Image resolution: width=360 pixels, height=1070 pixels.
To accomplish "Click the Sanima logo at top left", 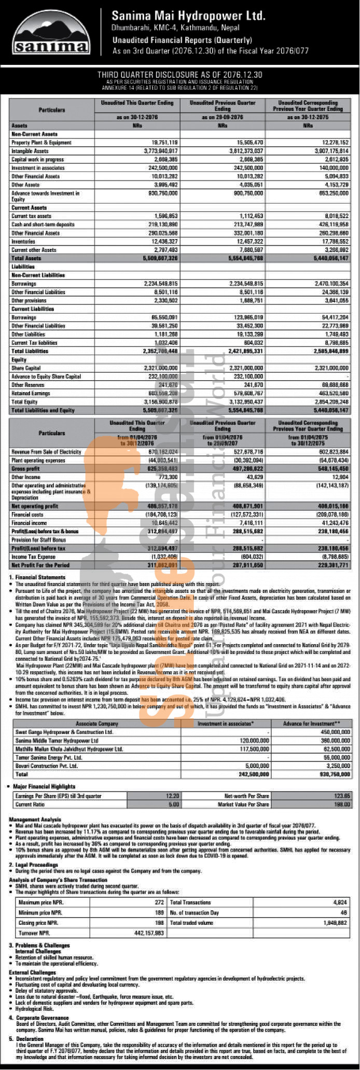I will coord(51,33).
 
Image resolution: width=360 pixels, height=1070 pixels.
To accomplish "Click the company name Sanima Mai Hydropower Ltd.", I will coord(188,16).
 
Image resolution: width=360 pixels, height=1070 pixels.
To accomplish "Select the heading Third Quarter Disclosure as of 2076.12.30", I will coord(180,75).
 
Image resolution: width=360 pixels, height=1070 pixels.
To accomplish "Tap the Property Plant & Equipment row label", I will coord(41,143).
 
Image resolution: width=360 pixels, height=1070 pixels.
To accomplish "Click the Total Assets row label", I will coord(26,258).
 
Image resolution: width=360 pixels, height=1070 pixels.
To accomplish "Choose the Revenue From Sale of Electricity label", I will coord(47,452).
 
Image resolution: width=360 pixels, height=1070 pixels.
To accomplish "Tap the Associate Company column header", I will coord(97,724).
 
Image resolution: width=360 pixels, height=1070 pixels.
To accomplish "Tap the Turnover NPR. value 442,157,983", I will coord(149,933).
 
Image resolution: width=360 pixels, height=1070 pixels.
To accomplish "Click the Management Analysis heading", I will coord(35,819).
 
